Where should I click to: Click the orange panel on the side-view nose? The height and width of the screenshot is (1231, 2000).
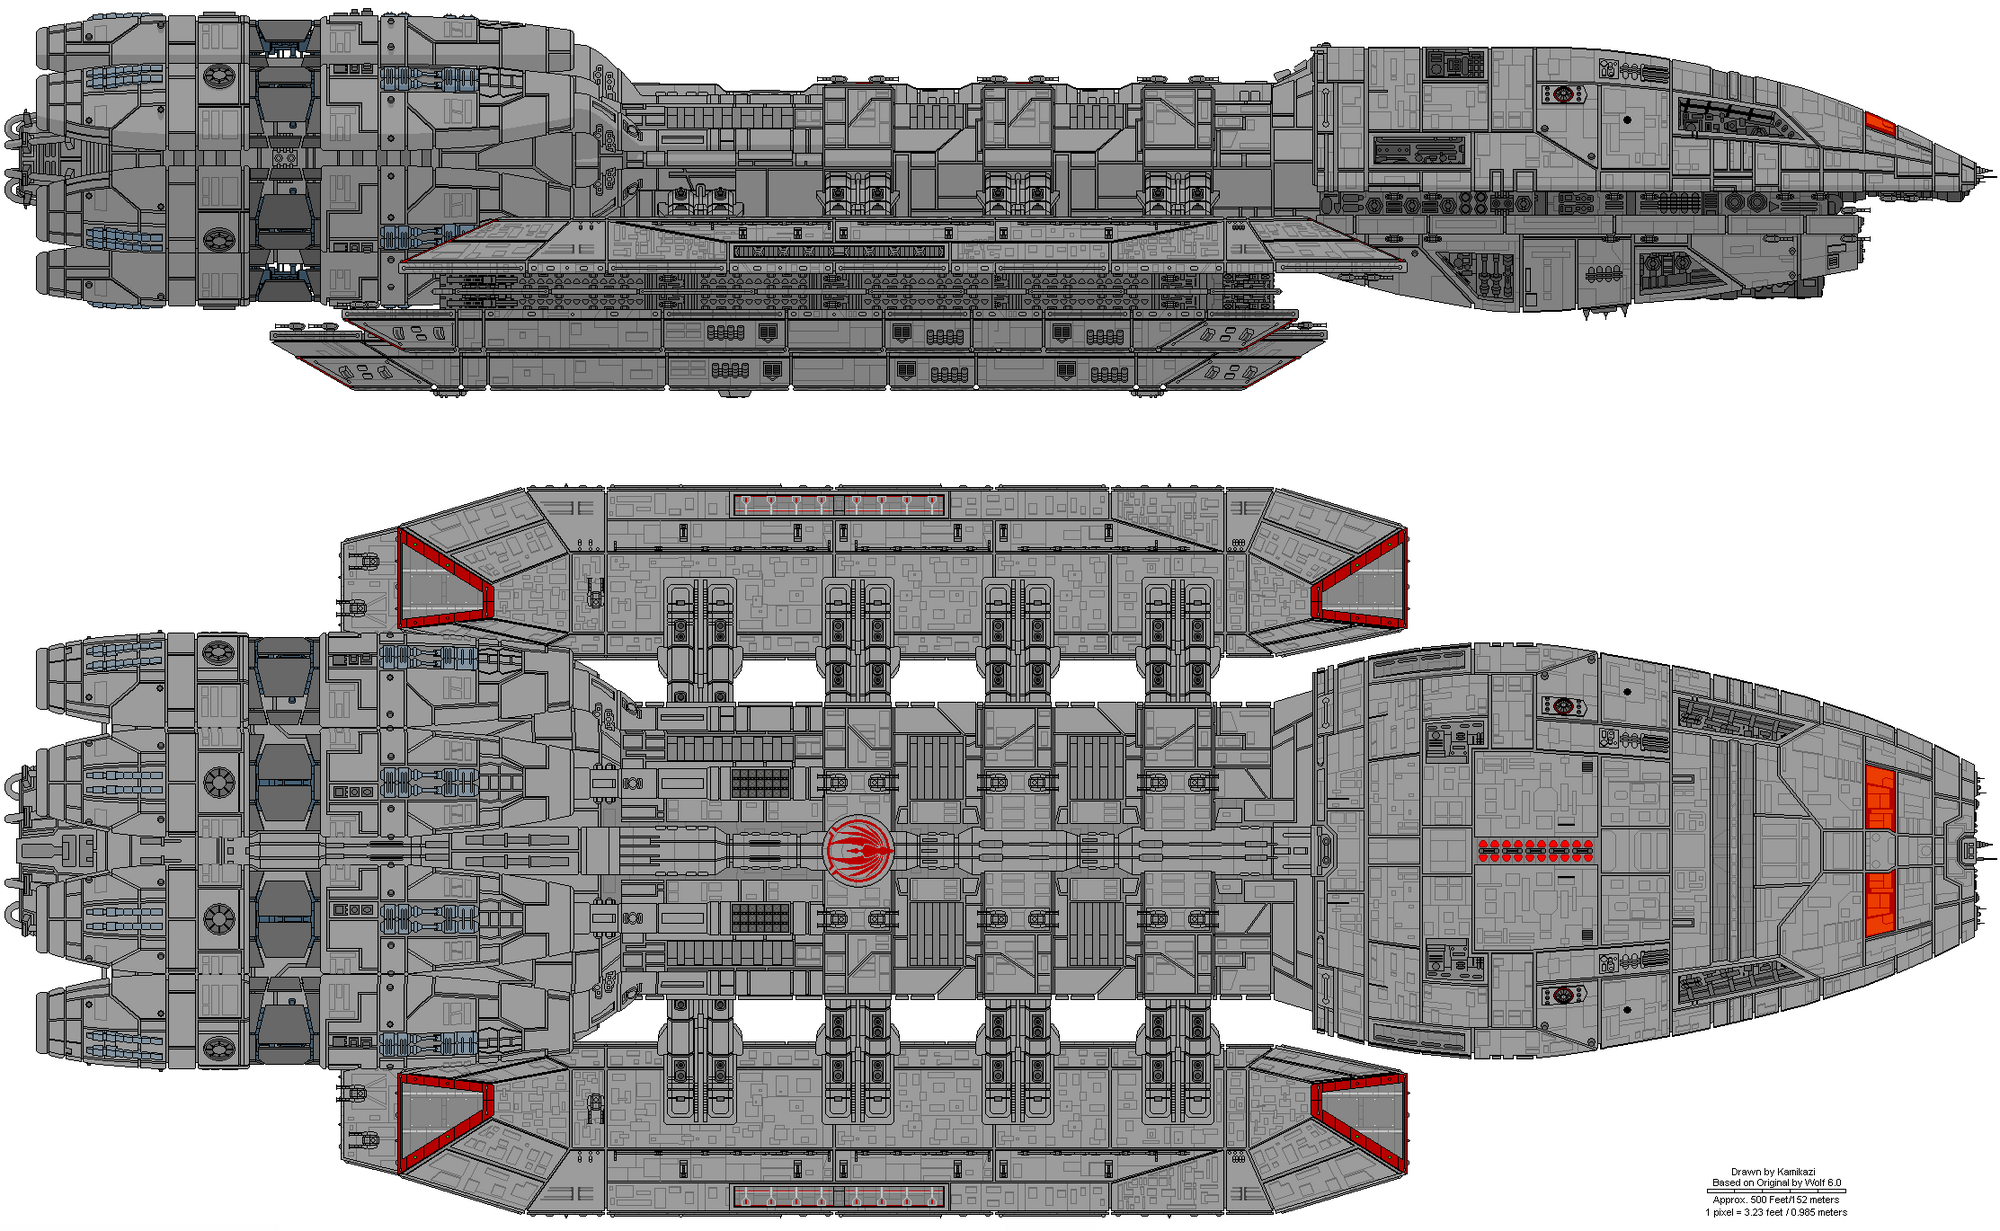click(x=1880, y=123)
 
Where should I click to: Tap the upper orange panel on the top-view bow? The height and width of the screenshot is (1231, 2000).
click(x=1880, y=797)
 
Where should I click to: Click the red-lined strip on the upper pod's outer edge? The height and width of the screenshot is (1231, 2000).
click(x=840, y=503)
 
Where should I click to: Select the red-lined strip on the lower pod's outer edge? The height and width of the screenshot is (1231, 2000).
click(x=840, y=1196)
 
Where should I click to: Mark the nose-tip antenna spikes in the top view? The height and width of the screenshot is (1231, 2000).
click(x=1970, y=851)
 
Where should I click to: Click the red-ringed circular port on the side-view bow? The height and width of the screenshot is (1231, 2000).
click(x=1562, y=95)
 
